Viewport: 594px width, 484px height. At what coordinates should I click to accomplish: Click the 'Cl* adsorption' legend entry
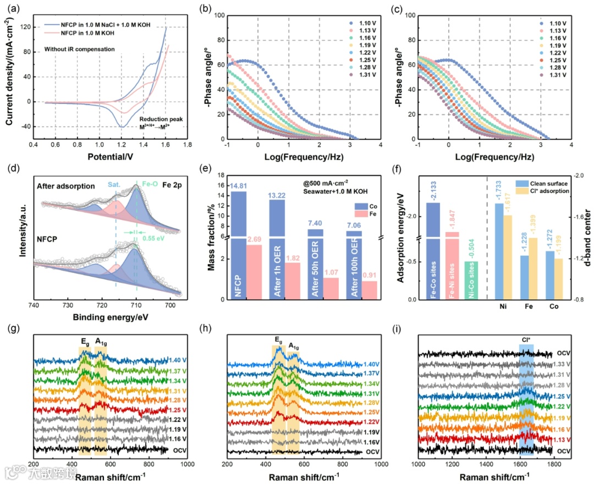pyautogui.click(x=551, y=191)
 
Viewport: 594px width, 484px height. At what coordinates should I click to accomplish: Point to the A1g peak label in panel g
pyautogui.click(x=101, y=341)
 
